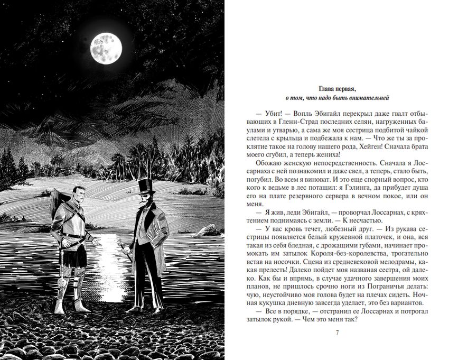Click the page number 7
pyautogui.click(x=337, y=332)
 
